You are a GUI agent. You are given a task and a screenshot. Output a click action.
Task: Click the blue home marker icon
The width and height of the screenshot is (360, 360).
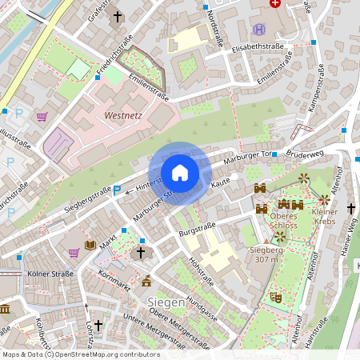point(180,173)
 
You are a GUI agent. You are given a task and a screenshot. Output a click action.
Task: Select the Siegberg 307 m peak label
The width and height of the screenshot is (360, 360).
point(267,254)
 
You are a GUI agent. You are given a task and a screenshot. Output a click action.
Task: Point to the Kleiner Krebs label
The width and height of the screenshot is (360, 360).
point(325,216)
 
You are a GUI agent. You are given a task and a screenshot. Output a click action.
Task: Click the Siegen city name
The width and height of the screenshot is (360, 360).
point(166,302)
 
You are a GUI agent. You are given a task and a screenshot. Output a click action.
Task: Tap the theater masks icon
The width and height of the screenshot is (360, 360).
point(276,297)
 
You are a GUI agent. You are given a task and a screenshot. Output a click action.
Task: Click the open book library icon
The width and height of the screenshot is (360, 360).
point(90,245)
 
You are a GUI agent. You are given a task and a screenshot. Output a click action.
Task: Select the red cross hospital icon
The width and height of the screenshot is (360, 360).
point(276,3)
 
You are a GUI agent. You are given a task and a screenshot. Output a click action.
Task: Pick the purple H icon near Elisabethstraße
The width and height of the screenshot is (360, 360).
point(258,30)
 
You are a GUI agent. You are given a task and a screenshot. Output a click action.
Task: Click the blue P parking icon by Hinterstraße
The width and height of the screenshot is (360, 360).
point(118,190)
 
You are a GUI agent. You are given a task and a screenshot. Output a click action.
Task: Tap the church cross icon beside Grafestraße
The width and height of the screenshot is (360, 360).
point(118,16)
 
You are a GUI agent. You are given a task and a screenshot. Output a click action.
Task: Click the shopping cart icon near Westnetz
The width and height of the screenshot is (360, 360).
point(42,117)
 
